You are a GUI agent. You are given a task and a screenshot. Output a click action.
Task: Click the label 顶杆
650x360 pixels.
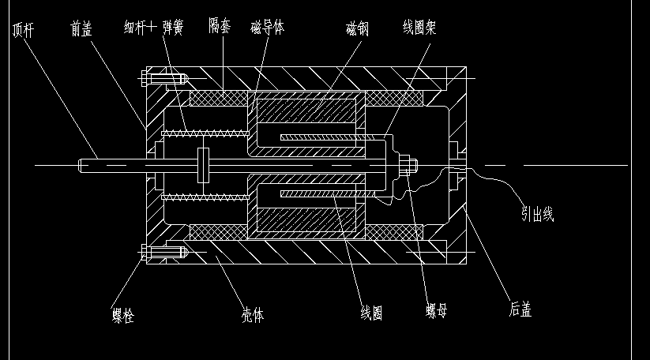click(x=23, y=29)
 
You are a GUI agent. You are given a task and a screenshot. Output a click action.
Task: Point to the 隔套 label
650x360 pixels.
click(x=220, y=26)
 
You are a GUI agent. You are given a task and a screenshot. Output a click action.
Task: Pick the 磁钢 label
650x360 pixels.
click(x=357, y=29)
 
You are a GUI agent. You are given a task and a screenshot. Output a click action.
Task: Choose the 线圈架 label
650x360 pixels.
click(x=419, y=28)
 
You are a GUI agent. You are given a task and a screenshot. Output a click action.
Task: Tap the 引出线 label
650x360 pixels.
click(x=537, y=213)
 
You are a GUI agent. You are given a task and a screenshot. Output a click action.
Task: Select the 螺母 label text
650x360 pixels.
click(x=437, y=311)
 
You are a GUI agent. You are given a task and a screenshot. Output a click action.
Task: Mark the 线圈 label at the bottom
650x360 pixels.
click(x=372, y=313)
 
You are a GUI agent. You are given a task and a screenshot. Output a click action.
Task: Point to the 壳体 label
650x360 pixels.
click(x=252, y=315)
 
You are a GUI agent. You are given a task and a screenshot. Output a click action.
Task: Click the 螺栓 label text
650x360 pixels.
click(x=122, y=317)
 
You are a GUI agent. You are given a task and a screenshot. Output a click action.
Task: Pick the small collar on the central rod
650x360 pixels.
click(x=204, y=165)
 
